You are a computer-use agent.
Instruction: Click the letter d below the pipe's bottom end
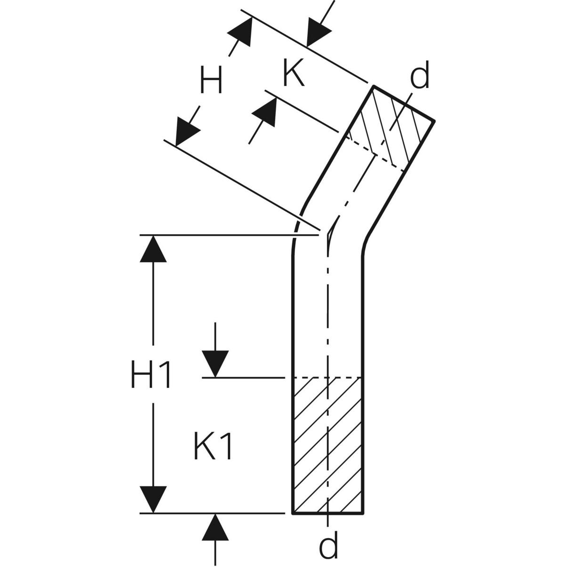point(328,546)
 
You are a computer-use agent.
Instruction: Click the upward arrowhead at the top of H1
point(153,249)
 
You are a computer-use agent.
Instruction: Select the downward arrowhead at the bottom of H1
point(153,498)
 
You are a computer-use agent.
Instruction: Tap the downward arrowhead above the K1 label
point(215,364)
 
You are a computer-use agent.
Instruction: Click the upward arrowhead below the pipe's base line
point(215,527)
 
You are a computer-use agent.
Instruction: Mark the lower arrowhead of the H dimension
point(186,132)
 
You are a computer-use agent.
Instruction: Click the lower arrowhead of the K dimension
point(265,113)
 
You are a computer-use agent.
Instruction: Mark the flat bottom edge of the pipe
point(328,513)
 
